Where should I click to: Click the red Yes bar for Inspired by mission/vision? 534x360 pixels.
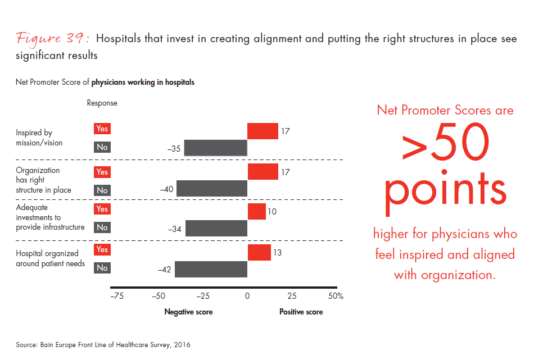click(263, 131)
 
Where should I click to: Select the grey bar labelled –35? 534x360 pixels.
click(216, 148)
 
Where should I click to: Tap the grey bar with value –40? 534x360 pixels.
click(212, 189)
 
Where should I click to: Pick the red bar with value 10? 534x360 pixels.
click(256, 212)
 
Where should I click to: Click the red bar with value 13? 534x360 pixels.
click(259, 252)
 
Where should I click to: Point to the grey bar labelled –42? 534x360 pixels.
click(211, 269)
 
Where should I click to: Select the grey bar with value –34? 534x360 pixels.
click(216, 228)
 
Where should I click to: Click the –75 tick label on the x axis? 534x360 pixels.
click(116, 296)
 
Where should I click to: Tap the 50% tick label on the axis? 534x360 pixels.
click(336, 296)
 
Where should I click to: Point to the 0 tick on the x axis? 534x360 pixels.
click(247, 296)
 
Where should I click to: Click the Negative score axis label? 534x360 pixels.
click(188, 312)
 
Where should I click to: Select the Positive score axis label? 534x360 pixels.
click(301, 312)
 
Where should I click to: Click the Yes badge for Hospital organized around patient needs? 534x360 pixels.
click(102, 249)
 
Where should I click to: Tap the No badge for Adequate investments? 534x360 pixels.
click(102, 227)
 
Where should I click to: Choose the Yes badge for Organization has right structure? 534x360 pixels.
click(102, 172)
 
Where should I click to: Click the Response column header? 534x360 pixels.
click(102, 103)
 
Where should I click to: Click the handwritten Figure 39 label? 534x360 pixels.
click(53, 39)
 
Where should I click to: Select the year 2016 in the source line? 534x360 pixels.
click(182, 345)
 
